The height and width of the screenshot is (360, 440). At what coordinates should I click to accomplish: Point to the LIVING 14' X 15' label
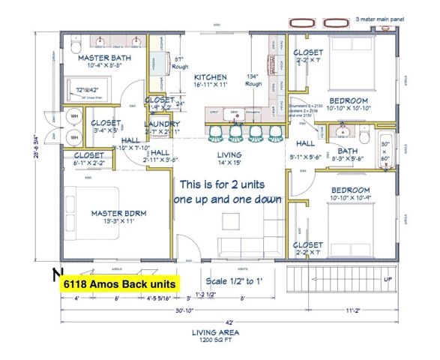pos(230,159)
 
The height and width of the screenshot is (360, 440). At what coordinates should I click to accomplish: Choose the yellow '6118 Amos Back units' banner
pos(119,285)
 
